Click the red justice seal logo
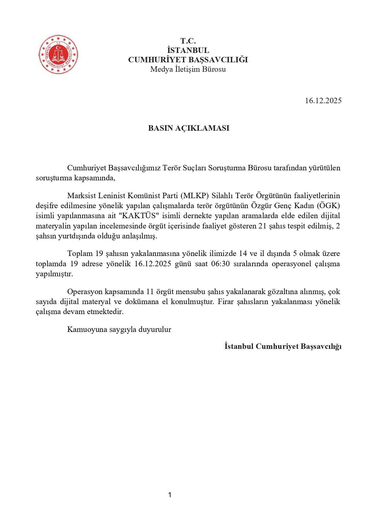pos(58,54)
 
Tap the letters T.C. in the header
pos(188,41)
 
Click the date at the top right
pos(323,101)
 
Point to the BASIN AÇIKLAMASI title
pos(188,128)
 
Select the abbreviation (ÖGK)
pos(328,206)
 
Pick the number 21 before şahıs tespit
pos(262,226)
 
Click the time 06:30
pos(220,264)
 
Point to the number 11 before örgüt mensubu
pos(150,292)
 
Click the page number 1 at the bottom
pos(170,495)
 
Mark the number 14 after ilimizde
pos(243,254)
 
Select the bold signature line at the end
pos(283,346)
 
